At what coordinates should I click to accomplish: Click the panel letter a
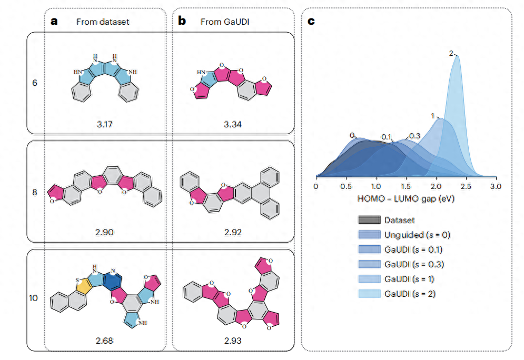(x=54, y=22)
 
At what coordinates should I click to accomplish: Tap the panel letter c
(x=311, y=22)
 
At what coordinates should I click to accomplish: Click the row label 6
(x=35, y=83)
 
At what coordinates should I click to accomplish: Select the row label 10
(x=33, y=298)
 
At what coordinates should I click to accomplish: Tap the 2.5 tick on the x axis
(x=465, y=186)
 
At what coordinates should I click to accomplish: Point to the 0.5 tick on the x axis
(x=345, y=186)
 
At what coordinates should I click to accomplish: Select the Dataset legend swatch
(x=369, y=220)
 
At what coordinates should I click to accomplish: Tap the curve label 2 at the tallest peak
(x=451, y=53)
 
